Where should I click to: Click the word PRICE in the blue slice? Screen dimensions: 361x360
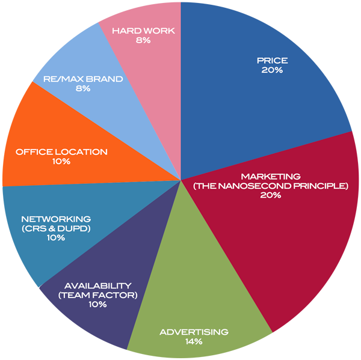pyautogui.click(x=272, y=60)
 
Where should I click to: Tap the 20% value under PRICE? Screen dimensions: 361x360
pyautogui.click(x=272, y=70)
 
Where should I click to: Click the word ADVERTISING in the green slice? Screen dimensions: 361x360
pyautogui.click(x=194, y=332)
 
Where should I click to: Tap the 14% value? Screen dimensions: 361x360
pyautogui.click(x=194, y=342)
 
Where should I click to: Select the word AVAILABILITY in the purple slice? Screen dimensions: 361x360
pyautogui.click(x=97, y=285)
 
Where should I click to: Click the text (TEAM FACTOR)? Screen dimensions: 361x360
pyautogui.click(x=97, y=295)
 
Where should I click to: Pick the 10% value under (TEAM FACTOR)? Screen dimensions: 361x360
pyautogui.click(x=97, y=305)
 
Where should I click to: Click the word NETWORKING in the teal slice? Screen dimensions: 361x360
pyautogui.click(x=55, y=219)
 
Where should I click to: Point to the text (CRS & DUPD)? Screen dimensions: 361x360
pyautogui.click(x=55, y=228)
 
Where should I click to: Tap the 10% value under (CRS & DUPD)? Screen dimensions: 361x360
pyautogui.click(x=55, y=238)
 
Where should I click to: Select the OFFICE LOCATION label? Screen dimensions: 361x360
pyautogui.click(x=62, y=152)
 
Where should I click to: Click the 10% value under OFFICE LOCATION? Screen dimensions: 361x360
pyautogui.click(x=62, y=162)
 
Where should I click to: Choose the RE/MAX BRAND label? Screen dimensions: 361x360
pyautogui.click(x=83, y=79)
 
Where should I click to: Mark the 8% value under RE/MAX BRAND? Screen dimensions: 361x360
pyautogui.click(x=83, y=88)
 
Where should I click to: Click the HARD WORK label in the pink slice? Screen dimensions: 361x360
pyautogui.click(x=143, y=31)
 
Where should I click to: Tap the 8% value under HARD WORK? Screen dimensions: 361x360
pyautogui.click(x=143, y=40)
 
